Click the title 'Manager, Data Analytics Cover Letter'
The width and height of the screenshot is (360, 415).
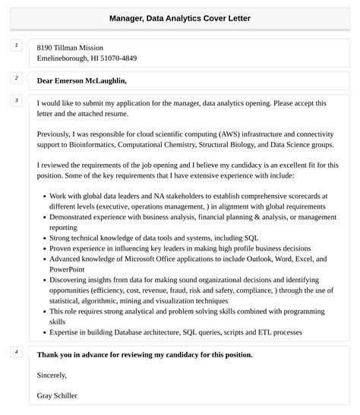click(179, 17)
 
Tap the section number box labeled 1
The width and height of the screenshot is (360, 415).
click(16, 46)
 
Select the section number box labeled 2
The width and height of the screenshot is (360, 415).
click(16, 77)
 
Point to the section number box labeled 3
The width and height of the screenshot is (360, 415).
click(16, 100)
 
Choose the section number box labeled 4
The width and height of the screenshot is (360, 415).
click(16, 351)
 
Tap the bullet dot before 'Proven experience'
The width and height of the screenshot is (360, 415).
click(44, 248)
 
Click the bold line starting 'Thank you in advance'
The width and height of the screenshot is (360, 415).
click(144, 354)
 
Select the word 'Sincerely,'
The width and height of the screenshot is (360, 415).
click(52, 375)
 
